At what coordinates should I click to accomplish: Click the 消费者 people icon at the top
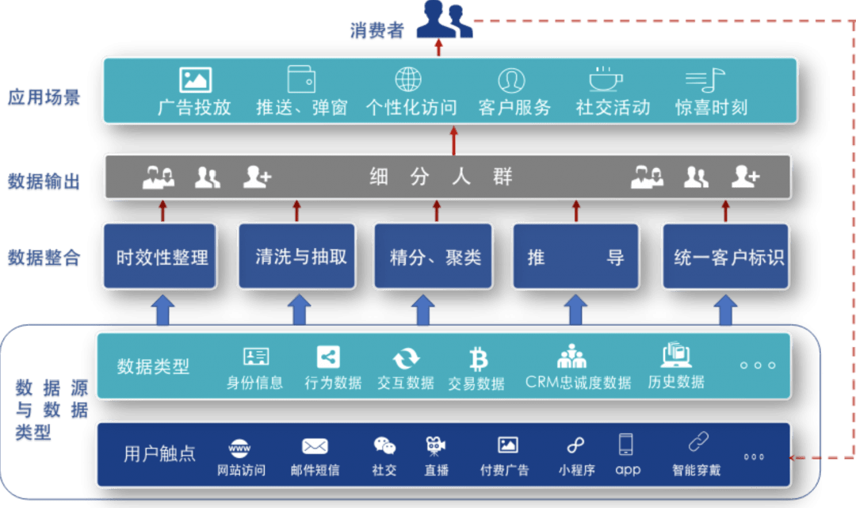point(445,19)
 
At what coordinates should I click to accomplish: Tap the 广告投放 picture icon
point(196,80)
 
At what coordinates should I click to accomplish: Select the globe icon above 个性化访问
point(408,79)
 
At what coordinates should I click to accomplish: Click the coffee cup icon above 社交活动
point(606,79)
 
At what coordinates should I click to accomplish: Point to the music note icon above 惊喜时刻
point(705,80)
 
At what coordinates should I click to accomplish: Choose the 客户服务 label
point(514,108)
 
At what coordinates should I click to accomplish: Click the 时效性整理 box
point(160,256)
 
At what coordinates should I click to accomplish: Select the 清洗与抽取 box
point(297,256)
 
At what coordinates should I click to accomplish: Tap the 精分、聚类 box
point(434,256)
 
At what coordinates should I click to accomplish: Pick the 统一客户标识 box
point(725,256)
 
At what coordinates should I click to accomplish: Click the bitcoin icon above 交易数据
point(478,359)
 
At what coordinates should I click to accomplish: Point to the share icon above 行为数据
point(328,357)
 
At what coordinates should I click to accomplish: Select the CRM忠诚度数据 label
point(578,383)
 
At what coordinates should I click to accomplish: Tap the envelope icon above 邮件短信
point(315,446)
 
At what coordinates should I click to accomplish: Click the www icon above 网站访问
point(239,448)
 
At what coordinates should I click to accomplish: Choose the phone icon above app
point(625,444)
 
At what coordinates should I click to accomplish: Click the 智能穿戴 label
point(696,470)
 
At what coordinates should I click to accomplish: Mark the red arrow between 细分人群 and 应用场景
point(453,141)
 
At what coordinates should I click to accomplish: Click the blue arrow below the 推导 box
point(575,309)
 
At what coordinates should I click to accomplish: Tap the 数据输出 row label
point(44,181)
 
